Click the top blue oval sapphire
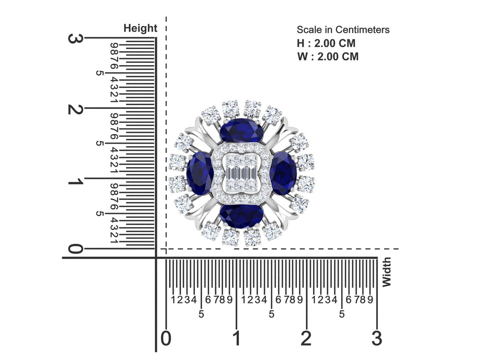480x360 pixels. click(x=241, y=131)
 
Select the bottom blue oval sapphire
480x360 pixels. click(x=241, y=216)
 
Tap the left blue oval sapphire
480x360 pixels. click(x=200, y=173)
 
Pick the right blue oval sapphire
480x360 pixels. click(x=283, y=173)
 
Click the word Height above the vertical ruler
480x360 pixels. click(x=140, y=28)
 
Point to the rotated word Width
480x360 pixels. click(x=386, y=272)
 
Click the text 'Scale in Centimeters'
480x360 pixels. click(x=343, y=30)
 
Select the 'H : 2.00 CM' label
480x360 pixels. click(x=326, y=43)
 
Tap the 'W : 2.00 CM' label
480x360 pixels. click(x=328, y=56)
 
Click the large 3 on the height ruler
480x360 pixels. click(x=75, y=39)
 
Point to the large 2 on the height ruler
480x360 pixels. click(x=75, y=109)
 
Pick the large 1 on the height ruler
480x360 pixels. click(x=75, y=182)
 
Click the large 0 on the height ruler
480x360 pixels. click(x=75, y=249)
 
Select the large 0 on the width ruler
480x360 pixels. click(x=166, y=338)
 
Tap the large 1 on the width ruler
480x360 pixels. click(x=236, y=338)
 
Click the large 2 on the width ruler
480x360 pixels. click(x=306, y=338)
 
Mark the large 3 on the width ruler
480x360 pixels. click(x=377, y=338)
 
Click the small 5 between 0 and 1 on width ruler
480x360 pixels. click(x=201, y=314)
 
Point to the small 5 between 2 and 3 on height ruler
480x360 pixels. click(x=99, y=73)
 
